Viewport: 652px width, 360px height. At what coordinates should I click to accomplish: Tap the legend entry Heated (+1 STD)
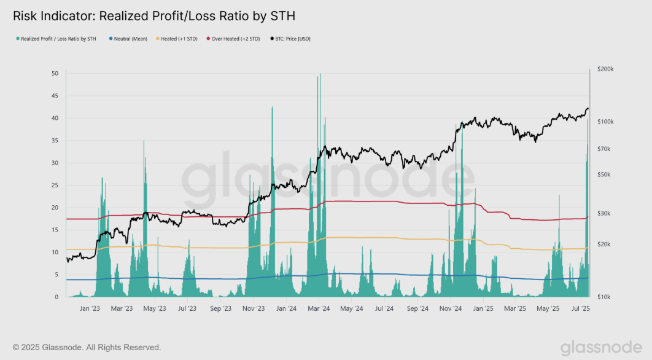tap(179, 39)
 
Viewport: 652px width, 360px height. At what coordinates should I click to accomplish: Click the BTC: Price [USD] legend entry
tap(292, 39)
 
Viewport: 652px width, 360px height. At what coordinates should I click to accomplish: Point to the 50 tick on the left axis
tap(55, 74)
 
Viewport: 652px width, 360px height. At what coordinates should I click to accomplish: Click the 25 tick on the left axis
tap(55, 185)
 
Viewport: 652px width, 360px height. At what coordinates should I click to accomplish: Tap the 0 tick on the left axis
tap(56, 297)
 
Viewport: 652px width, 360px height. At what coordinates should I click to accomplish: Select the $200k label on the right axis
tap(604, 69)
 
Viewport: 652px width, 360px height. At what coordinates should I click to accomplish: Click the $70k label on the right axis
tap(603, 149)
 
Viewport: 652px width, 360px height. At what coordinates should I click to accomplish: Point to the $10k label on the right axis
tap(603, 297)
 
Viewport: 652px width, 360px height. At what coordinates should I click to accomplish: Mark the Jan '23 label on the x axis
tap(90, 308)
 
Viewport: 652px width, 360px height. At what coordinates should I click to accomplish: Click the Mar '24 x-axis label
tap(318, 308)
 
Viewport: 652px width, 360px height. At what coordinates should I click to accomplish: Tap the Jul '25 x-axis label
tap(580, 308)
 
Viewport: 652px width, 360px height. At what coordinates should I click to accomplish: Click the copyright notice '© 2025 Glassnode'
tap(87, 348)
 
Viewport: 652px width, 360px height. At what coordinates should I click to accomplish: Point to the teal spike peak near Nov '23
tap(271, 108)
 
